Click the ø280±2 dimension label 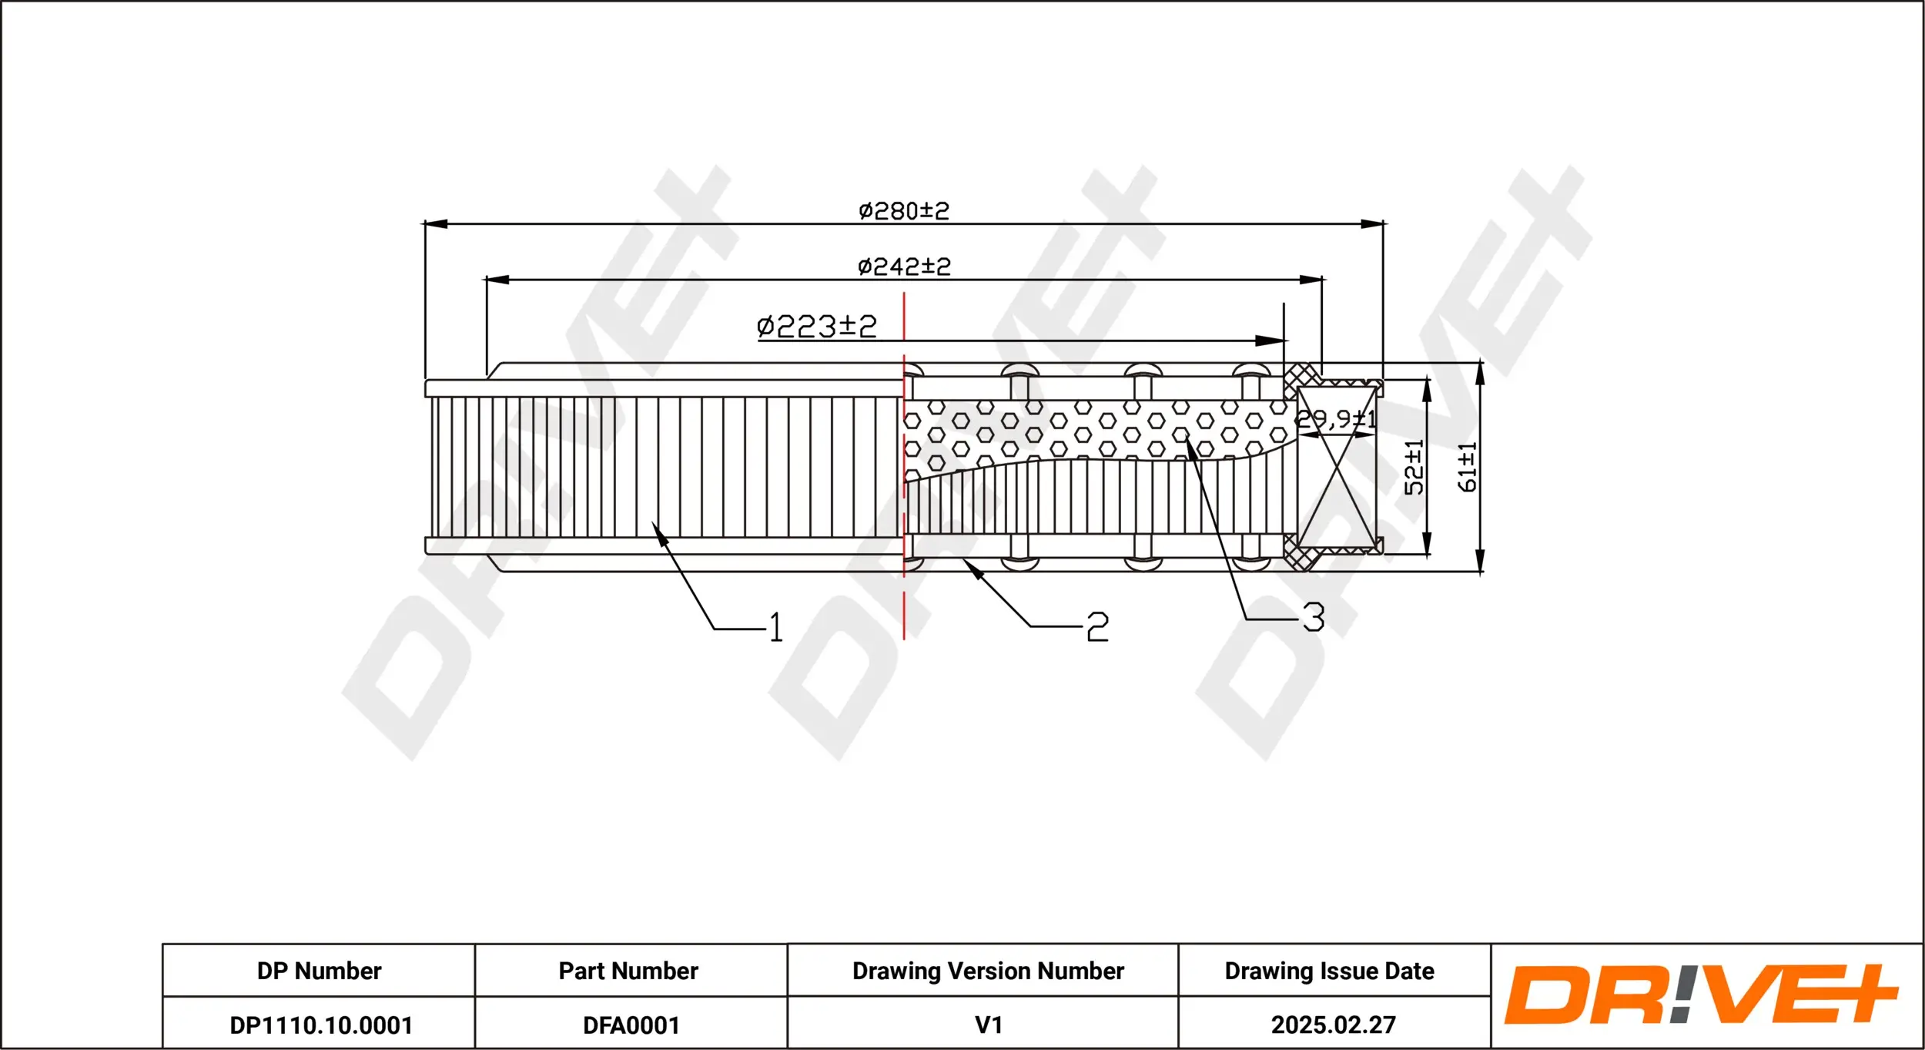[903, 210]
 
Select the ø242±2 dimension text [904, 267]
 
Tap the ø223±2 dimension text [816, 326]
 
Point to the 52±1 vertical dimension [1414, 467]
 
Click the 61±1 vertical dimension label [1467, 467]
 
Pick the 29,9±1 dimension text [1335, 419]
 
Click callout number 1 [775, 627]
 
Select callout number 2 [1097, 627]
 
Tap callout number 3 [1313, 617]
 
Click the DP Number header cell [319, 971]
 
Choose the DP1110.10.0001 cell [321, 1025]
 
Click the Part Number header [628, 971]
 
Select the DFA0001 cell [631, 1025]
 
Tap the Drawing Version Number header [988, 971]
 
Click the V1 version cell [988, 1025]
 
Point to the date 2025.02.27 [1333, 1025]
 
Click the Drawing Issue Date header [1329, 971]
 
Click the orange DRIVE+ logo [1700, 995]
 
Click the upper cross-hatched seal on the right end [1301, 379]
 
